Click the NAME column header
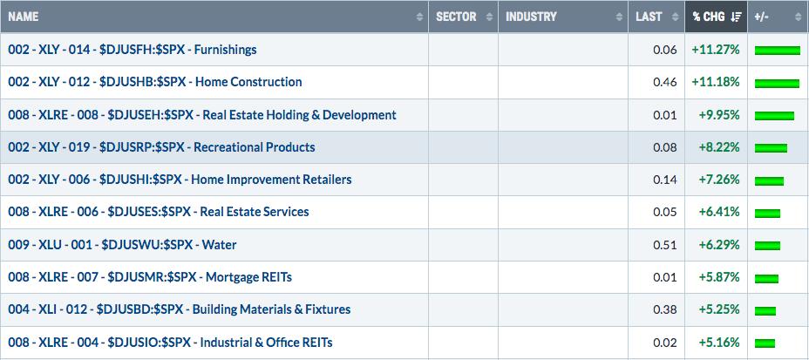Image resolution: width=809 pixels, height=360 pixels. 24,17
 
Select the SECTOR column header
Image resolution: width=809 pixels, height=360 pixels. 456,17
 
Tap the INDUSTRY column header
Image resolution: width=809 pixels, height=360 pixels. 531,17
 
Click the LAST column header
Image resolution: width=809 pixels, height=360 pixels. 649,17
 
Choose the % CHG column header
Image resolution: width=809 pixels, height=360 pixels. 709,17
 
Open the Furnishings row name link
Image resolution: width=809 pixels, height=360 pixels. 133,50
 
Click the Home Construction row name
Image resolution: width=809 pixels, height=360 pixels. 155,82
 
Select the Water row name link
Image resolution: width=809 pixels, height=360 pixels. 122,244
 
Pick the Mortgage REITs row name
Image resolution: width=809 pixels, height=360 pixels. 150,277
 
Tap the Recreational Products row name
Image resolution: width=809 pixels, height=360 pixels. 161,147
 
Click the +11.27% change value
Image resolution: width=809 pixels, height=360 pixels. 716,50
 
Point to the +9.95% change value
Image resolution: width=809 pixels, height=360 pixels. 719,114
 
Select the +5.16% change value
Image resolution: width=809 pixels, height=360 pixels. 719,342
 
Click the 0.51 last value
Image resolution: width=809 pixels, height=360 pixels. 665,244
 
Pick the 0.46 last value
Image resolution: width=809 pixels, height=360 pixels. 665,82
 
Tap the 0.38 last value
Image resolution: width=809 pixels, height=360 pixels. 665,309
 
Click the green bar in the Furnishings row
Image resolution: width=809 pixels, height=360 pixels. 777,50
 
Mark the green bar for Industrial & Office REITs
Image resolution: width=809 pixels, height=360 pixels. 765,343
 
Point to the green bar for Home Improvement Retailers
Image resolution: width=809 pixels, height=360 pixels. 769,180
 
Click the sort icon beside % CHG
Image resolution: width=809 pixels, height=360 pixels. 736,17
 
